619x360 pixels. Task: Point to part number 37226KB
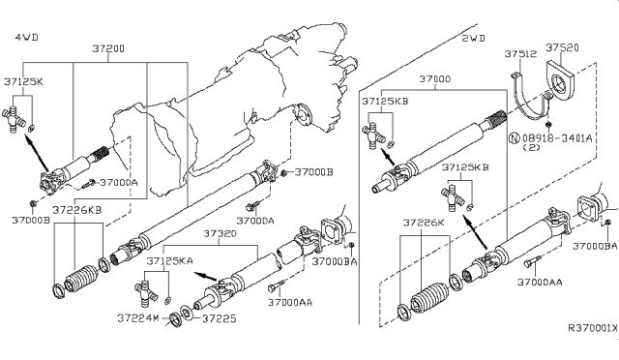(x=75, y=210)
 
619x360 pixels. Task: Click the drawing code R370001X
(x=590, y=330)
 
